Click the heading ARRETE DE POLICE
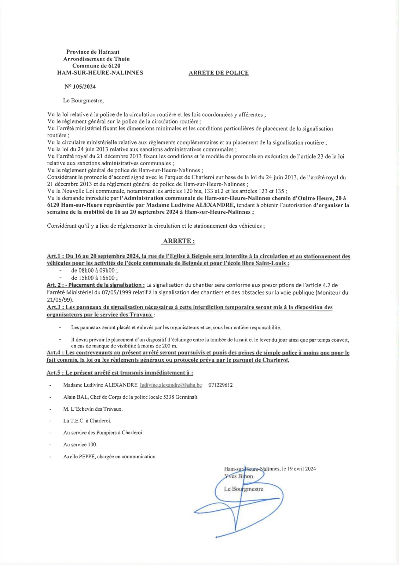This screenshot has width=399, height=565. coord(218,73)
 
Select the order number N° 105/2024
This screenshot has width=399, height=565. coord(80,87)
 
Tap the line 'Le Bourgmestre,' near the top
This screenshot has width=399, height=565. coord(83,101)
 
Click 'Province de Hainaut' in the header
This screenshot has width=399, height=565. coord(93,52)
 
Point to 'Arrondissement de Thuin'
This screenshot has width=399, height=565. coord(96,59)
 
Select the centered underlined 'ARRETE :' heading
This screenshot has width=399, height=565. coord(179,241)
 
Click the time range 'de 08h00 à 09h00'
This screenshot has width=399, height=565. coord(94,270)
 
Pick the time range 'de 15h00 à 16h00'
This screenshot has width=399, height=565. coord(94,278)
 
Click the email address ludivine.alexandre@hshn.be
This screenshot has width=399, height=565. coord(171,385)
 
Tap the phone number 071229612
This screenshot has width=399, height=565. coord(220,385)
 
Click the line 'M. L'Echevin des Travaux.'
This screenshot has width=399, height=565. coord(93,409)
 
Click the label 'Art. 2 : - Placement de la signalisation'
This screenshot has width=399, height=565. coord(95,285)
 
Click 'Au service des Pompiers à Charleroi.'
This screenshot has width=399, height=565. coord(103,433)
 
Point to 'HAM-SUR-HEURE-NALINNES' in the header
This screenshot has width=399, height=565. coord(100,73)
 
